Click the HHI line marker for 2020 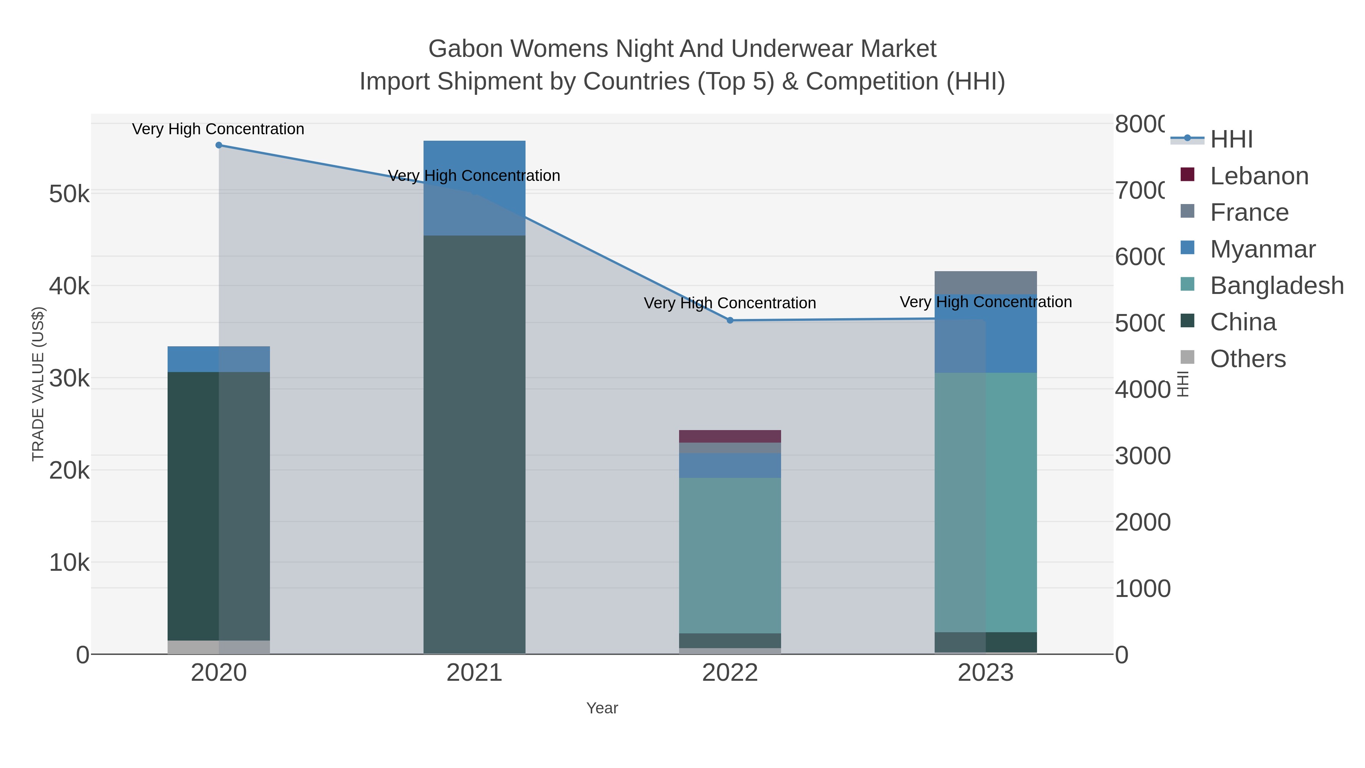click(x=219, y=145)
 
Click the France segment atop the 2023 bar click(x=985, y=283)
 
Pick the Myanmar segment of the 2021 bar click(x=474, y=188)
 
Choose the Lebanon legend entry click(x=1259, y=176)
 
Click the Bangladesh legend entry click(x=1277, y=286)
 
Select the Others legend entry click(x=1247, y=359)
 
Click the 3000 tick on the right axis click(x=1142, y=456)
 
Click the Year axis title click(x=602, y=708)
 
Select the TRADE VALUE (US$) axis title click(x=38, y=384)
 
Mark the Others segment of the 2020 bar click(x=219, y=647)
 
